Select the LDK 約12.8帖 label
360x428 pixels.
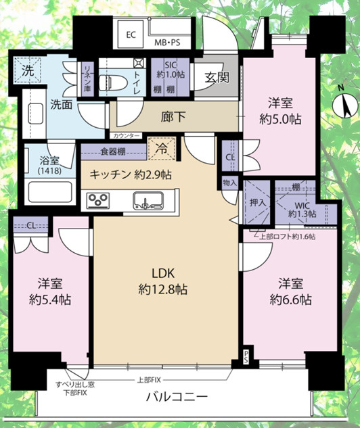point(164,282)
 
